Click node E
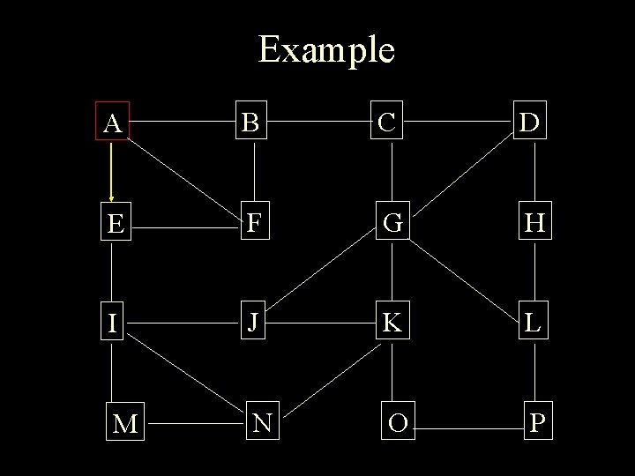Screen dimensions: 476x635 click(113, 225)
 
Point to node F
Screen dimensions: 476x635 click(254, 225)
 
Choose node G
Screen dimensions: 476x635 click(393, 225)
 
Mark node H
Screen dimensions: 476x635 click(534, 225)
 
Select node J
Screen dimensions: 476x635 click(254, 324)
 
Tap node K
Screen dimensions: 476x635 click(393, 324)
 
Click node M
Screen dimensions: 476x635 click(125, 424)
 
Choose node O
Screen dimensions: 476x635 click(398, 423)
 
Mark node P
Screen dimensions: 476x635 click(537, 423)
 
